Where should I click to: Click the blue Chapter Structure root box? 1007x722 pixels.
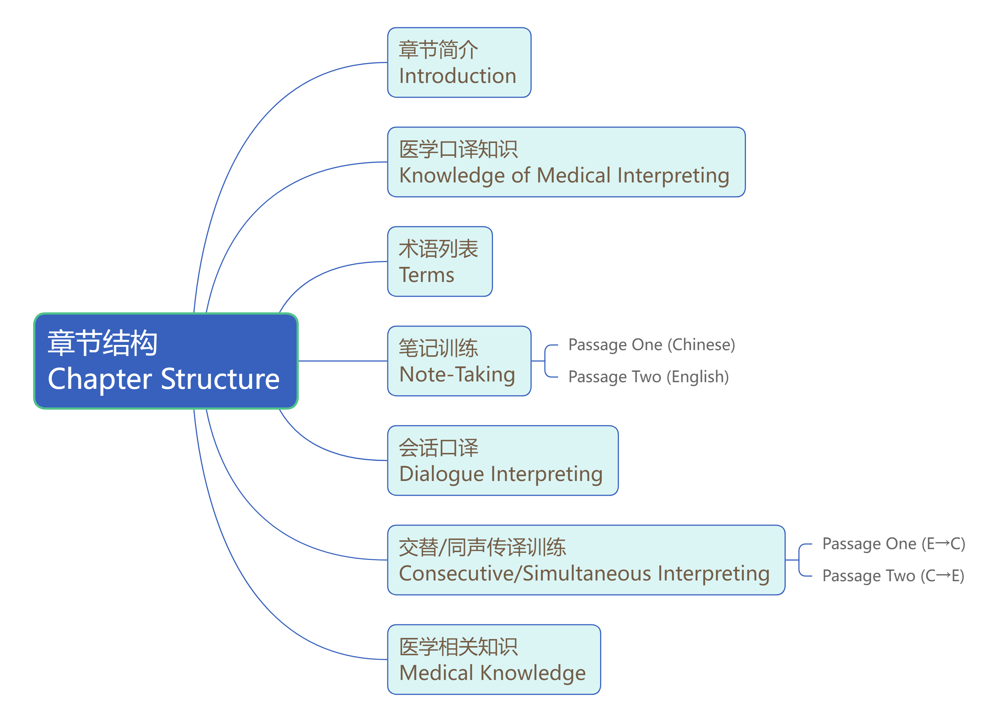point(165,361)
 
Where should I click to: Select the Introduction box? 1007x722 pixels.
point(459,63)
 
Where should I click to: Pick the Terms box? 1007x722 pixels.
point(440,262)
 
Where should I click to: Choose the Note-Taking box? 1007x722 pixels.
point(459,361)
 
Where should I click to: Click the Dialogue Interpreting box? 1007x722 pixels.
point(502,461)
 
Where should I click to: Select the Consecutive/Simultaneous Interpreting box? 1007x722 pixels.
point(586,560)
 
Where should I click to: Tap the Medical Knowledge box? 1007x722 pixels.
point(493,660)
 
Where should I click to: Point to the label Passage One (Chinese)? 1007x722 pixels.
point(651,345)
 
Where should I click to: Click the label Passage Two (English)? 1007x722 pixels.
point(648,377)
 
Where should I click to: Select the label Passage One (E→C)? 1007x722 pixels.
point(893,544)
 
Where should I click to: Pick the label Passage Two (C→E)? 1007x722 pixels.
point(893,576)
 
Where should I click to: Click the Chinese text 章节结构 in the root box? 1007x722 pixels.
point(103,343)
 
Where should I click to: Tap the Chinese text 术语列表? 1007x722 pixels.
point(438,249)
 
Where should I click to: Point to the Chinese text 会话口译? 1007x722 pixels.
point(438,448)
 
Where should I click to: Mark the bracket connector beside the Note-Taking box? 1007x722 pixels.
point(546,361)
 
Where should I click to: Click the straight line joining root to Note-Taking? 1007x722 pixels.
point(342,361)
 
